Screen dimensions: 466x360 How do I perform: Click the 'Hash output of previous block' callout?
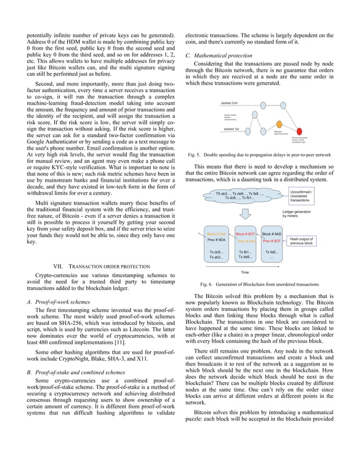pyautogui.click(x=316, y=241)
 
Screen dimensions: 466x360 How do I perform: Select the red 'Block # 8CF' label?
pyautogui.click(x=245, y=234)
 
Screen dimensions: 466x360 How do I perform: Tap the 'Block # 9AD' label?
pyautogui.click(x=271, y=233)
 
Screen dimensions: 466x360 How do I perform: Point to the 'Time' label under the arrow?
pyautogui.click(x=244, y=272)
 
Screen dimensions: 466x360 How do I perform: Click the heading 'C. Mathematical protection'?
pyautogui.click(x=220, y=55)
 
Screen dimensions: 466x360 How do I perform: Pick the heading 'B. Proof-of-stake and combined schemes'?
pyautogui.click(x=76, y=372)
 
